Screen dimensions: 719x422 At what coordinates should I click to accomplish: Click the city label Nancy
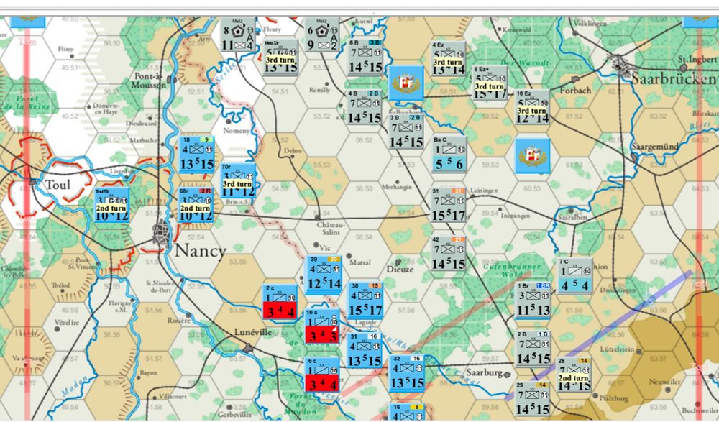tap(200, 252)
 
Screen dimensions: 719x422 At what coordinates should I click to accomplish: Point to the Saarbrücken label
tap(672, 78)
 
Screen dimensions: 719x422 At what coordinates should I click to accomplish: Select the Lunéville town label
tap(254, 333)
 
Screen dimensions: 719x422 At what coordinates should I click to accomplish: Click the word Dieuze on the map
tap(400, 270)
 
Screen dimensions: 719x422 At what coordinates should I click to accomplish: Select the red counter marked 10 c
tap(320, 326)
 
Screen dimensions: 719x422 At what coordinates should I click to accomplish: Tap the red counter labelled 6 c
tap(320, 375)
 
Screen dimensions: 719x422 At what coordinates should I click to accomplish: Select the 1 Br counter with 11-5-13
tap(533, 301)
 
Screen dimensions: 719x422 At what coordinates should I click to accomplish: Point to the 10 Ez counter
tap(533, 106)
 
